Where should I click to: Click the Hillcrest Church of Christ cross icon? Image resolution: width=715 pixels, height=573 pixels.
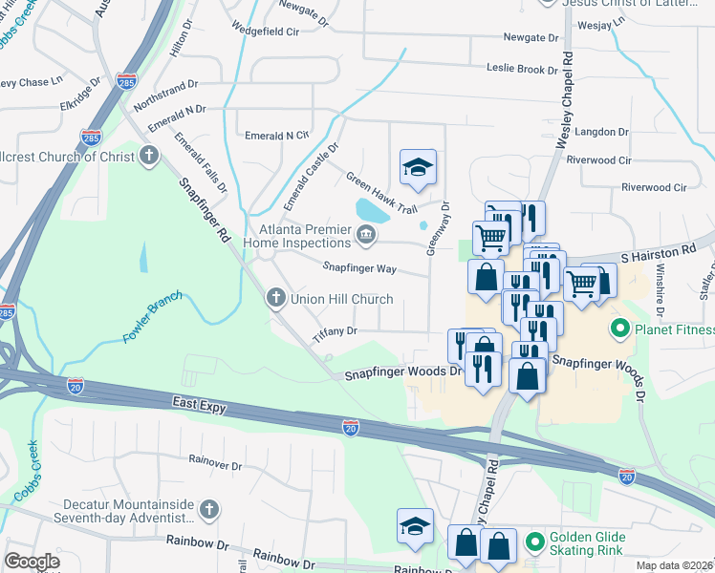click(x=148, y=156)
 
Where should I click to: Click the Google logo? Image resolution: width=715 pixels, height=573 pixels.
click(x=32, y=562)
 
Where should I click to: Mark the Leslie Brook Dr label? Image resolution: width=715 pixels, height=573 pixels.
click(x=522, y=69)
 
